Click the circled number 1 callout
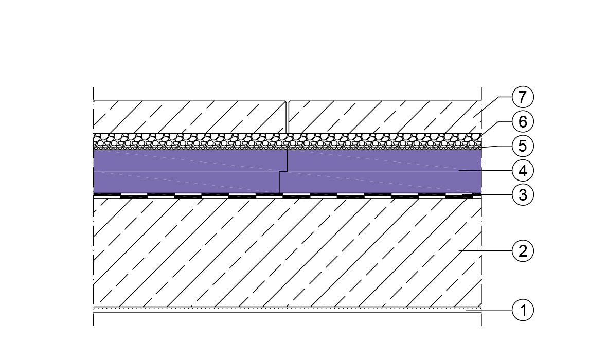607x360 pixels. point(523,310)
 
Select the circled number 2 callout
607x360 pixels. point(523,251)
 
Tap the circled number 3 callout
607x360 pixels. point(523,195)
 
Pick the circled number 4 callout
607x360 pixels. point(523,170)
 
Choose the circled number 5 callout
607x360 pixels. point(523,146)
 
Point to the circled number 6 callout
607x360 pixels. point(523,121)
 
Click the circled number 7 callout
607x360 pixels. point(523,97)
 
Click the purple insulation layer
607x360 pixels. point(287,171)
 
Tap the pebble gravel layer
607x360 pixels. point(287,140)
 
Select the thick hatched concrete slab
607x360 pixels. point(287,251)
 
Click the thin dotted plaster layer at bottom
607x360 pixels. point(287,310)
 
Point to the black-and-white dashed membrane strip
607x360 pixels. point(287,195)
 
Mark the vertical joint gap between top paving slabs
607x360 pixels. point(287,117)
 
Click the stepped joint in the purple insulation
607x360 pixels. point(283,171)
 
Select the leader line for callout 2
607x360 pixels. point(486,251)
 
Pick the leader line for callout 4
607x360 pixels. point(486,170)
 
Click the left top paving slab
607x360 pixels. point(190,117)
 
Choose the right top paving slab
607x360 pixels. point(385,117)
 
